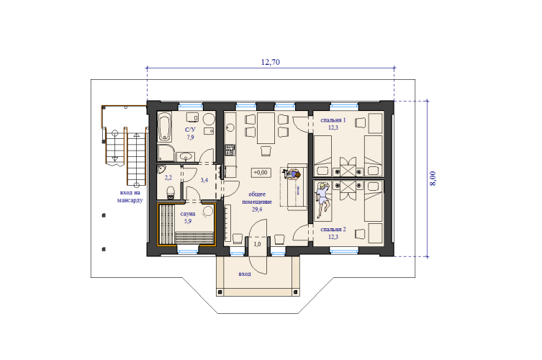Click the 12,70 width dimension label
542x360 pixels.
(x=271, y=62)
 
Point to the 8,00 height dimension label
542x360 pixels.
(x=433, y=179)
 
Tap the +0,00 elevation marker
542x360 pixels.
(x=261, y=172)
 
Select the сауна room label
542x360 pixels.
(x=188, y=214)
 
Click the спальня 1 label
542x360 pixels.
(x=333, y=120)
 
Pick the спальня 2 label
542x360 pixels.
(x=333, y=229)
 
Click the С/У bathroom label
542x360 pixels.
(x=190, y=130)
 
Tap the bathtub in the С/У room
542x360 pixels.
(x=165, y=127)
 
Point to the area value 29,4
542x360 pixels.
(x=257, y=210)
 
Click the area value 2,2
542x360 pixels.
(x=168, y=178)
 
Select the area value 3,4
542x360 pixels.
(x=204, y=180)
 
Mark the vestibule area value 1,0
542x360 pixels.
(x=257, y=244)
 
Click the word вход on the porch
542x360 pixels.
(x=245, y=274)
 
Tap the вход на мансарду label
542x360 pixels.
(x=130, y=196)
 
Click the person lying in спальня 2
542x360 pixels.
(x=323, y=200)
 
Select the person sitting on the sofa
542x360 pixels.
(x=293, y=174)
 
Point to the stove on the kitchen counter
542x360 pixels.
(x=230, y=150)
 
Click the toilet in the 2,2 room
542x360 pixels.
(x=171, y=192)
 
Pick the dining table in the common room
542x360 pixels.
(x=266, y=128)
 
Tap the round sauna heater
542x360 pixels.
(x=208, y=211)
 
